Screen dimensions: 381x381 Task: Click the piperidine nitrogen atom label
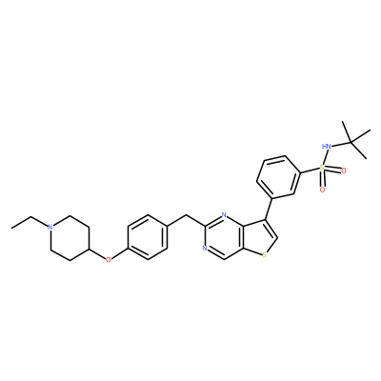[50, 227]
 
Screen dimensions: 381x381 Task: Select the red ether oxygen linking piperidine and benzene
[109, 259]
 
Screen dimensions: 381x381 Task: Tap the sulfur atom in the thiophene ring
[265, 254]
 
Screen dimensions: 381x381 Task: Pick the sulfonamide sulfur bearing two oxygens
[322, 168]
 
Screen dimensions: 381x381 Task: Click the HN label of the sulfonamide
[326, 146]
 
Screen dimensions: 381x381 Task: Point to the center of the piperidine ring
[70, 238]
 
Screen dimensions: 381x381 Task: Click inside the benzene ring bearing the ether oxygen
[148, 238]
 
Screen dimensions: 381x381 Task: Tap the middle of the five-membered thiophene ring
[260, 237]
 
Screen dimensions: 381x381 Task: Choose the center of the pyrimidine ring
[225, 237]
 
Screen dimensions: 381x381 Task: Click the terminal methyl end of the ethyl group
[12, 228]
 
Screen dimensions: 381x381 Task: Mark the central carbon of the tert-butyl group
[351, 142]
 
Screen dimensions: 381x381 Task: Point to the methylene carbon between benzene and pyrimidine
[186, 216]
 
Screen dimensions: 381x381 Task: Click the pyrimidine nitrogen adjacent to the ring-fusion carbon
[224, 215]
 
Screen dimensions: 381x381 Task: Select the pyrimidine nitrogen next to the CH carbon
[205, 249]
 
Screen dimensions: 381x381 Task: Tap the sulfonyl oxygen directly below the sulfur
[322, 190]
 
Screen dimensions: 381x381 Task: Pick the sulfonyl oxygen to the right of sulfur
[343, 170]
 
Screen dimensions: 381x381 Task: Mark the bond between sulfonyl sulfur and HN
[324, 157]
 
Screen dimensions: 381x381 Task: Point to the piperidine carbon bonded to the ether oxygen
[90, 250]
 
